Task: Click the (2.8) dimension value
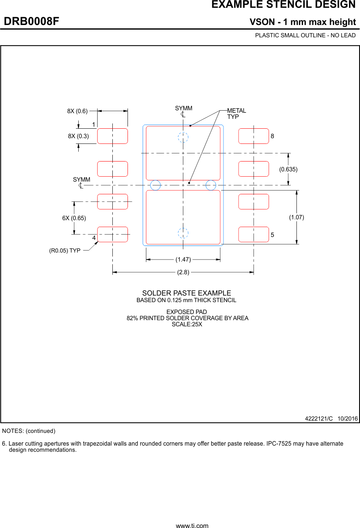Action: tap(183, 272)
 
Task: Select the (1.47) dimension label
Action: tap(183, 259)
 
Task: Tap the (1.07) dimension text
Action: tap(296, 217)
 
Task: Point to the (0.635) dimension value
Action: tap(288, 169)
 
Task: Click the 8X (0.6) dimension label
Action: tap(77, 111)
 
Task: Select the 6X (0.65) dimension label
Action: tap(74, 218)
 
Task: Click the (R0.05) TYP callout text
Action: tap(65, 250)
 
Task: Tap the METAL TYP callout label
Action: tap(237, 114)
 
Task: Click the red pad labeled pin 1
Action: tap(112, 136)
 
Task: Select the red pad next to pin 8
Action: tap(253, 136)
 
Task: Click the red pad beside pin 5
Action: tap(253, 234)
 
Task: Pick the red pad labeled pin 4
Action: tap(112, 234)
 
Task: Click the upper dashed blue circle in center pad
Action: tap(183, 137)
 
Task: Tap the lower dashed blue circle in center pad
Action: tap(183, 233)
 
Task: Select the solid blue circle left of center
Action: tap(155, 185)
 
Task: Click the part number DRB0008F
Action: tap(32, 21)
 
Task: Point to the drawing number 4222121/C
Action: tap(319, 419)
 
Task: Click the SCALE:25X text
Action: tap(187, 324)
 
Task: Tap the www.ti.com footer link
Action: tap(192, 525)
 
